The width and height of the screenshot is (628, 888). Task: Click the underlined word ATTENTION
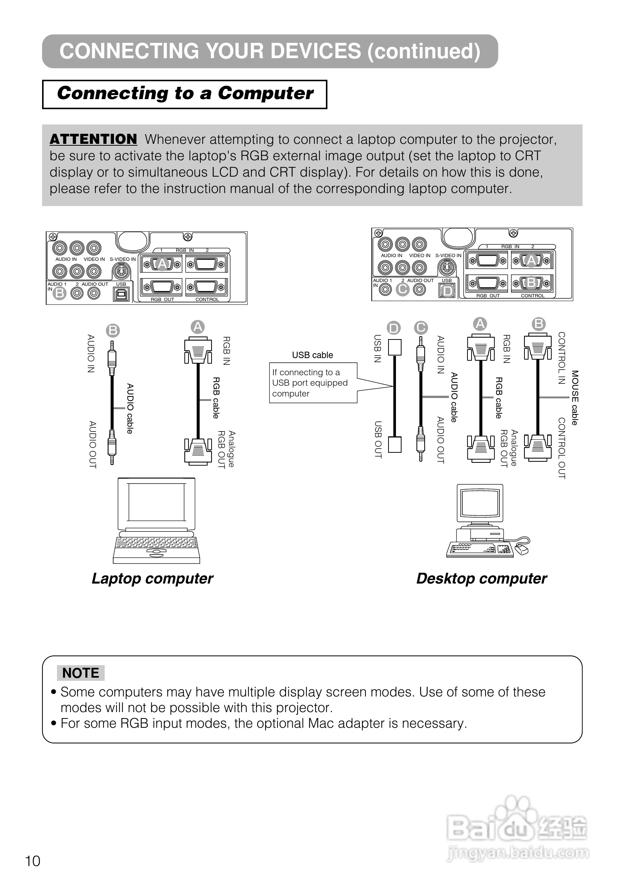(93, 139)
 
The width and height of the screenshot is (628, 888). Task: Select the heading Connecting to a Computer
(185, 94)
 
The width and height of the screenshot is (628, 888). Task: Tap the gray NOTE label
(80, 673)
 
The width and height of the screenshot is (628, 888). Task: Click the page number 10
(33, 861)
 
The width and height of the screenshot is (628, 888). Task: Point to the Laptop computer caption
(152, 578)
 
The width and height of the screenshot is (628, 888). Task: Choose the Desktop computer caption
(482, 578)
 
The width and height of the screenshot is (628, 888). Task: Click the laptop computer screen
(156, 502)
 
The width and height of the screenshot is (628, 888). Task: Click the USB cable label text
(312, 355)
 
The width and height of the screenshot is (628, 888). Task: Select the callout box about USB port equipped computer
(313, 383)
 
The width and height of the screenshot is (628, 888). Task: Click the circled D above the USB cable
(394, 328)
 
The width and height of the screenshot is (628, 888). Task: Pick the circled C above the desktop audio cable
(421, 328)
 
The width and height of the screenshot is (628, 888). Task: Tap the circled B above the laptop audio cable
(113, 331)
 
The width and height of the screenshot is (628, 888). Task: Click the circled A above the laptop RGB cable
(198, 327)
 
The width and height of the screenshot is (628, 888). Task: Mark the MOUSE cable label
(575, 398)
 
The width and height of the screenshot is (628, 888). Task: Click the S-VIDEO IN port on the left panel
(122, 271)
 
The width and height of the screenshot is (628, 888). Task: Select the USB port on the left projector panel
(121, 294)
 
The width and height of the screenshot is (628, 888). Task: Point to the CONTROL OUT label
(562, 448)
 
